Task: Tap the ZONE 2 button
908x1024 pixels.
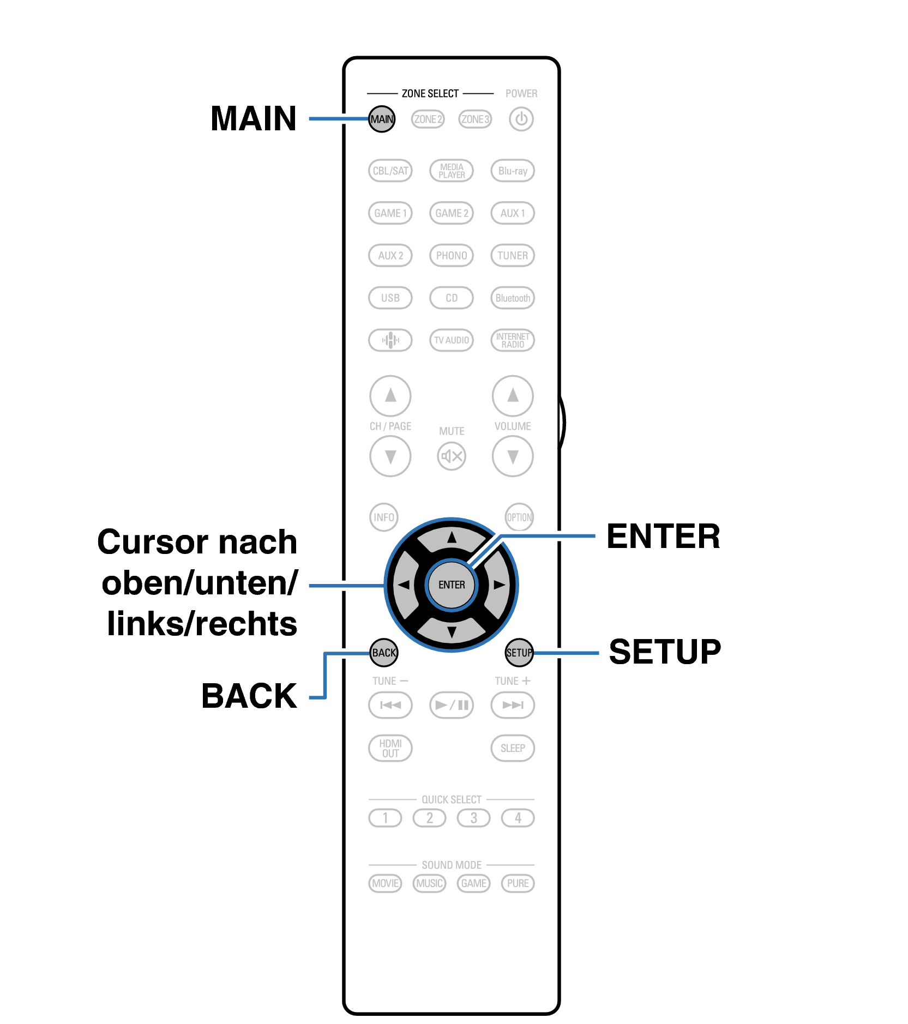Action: tap(428, 119)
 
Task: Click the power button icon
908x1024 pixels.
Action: tap(521, 119)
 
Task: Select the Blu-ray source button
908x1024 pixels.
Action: tap(513, 171)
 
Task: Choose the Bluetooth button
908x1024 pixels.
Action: tap(513, 298)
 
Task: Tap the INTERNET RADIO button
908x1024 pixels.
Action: tap(513, 340)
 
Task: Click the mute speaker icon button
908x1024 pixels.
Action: tap(452, 456)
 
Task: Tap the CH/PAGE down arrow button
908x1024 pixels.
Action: tap(390, 456)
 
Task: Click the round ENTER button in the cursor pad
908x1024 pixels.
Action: tap(452, 585)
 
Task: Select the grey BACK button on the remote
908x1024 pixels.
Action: tap(384, 652)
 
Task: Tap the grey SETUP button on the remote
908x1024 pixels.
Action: tap(519, 652)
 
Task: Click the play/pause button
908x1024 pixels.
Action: tap(452, 705)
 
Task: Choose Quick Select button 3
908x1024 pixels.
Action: tap(474, 818)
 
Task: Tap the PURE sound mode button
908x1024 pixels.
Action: tap(518, 883)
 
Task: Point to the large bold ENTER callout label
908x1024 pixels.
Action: tap(663, 537)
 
